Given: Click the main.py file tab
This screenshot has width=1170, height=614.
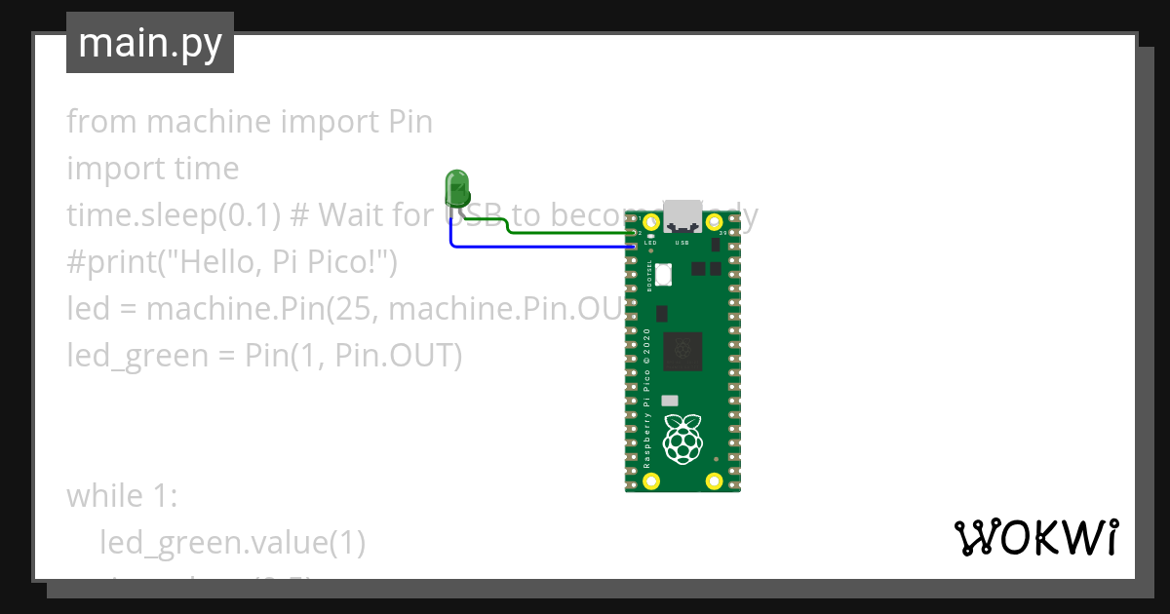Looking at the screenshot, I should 149,43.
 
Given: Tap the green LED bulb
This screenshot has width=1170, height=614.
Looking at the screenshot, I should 455,185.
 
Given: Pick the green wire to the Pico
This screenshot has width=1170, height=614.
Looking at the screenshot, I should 565,234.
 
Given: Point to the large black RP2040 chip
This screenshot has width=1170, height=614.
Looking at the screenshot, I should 682,351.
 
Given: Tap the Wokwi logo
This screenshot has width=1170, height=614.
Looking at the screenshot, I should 1035,537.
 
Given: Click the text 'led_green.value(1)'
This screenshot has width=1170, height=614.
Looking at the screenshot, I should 232,543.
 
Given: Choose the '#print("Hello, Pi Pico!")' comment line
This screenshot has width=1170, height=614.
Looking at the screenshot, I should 231,262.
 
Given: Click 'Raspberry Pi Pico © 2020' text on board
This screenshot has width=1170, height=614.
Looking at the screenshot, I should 646,400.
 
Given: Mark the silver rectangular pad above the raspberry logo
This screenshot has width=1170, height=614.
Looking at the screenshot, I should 670,401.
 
